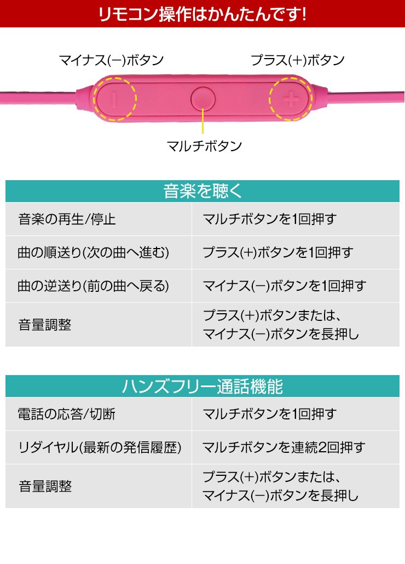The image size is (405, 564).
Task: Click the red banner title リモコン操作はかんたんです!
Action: coord(202,14)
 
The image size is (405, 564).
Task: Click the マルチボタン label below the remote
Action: coord(204,146)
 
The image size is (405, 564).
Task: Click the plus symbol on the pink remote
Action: coord(290,99)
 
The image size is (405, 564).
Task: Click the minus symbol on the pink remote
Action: coord(115,99)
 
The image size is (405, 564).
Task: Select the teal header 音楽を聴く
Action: coord(202,191)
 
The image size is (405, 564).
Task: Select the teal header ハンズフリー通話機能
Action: coord(202,386)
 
